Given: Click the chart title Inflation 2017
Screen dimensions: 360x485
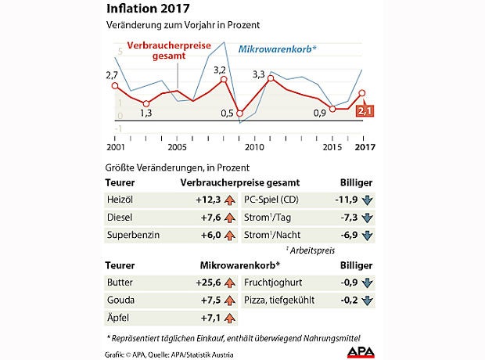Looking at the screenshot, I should point(147,10).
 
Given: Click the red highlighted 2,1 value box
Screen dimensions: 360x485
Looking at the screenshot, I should point(364,111).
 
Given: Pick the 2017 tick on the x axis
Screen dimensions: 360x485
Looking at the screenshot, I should point(363,146).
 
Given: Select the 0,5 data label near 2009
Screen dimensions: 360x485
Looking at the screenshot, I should point(227,113).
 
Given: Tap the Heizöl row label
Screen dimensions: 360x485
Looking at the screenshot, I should point(118,200).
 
